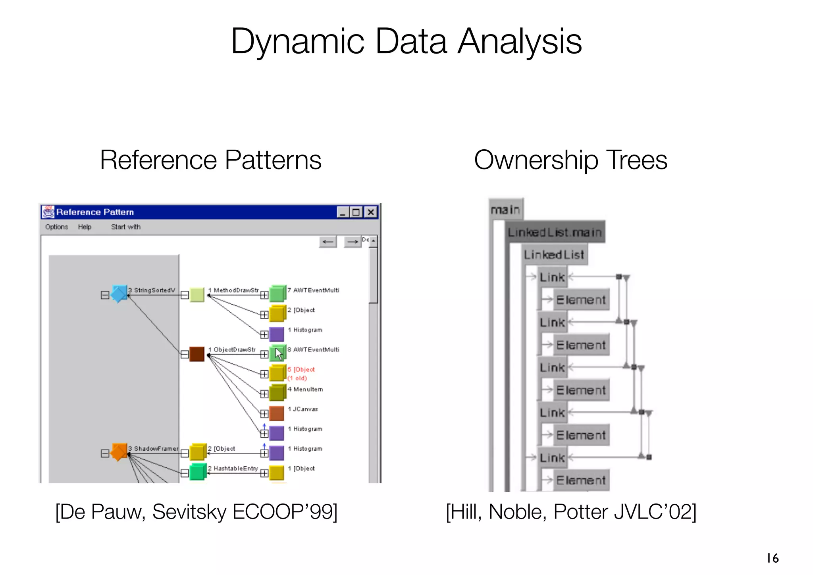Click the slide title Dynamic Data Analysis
click(406, 42)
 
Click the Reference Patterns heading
click(210, 160)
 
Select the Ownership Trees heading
click(570, 160)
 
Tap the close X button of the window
click(371, 212)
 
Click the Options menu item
click(56, 227)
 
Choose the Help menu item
click(85, 227)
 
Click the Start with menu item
click(125, 227)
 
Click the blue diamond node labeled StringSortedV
click(119, 294)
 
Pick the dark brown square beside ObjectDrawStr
click(197, 354)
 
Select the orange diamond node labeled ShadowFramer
click(119, 452)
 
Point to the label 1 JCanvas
click(303, 409)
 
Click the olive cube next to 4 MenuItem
click(277, 393)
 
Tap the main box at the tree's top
click(506, 209)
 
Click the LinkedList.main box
click(555, 232)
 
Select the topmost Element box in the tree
click(581, 300)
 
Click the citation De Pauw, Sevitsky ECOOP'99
click(197, 512)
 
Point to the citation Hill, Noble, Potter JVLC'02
click(571, 512)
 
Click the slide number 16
click(773, 558)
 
